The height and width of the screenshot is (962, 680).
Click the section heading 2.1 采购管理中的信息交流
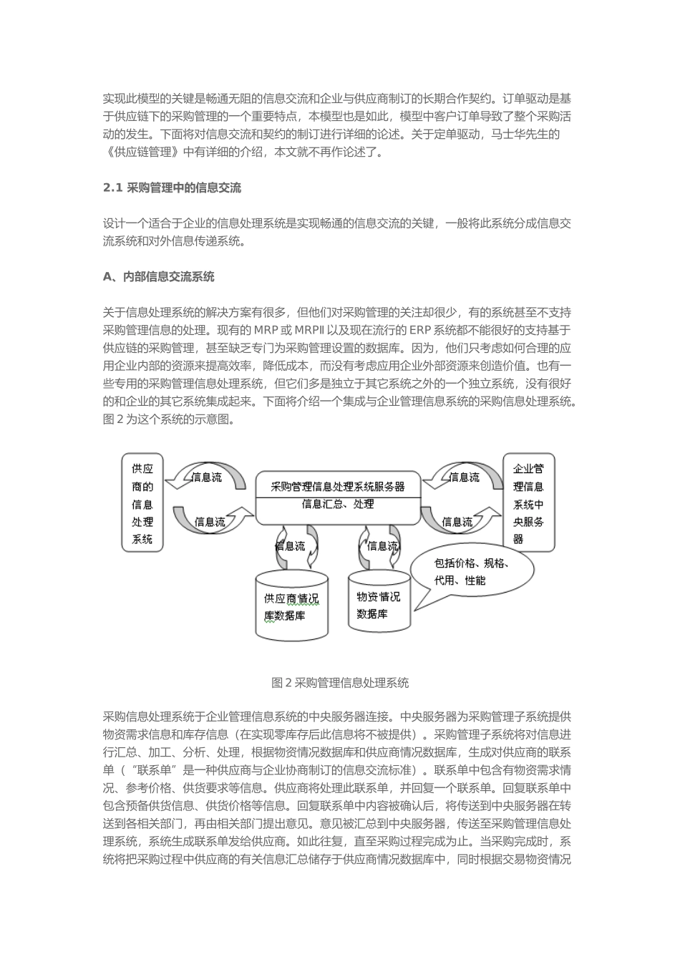click(172, 188)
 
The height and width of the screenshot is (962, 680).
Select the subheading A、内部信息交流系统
click(158, 276)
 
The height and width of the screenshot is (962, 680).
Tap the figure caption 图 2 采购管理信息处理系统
click(340, 683)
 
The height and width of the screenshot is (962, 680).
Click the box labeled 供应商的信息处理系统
click(142, 504)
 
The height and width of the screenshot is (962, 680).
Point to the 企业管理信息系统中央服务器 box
click(528, 504)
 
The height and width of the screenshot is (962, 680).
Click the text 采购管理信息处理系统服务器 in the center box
click(338, 487)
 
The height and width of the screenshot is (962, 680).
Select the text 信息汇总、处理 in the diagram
click(338, 505)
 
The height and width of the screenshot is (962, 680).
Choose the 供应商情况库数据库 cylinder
click(291, 606)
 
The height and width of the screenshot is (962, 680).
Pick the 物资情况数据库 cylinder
click(379, 605)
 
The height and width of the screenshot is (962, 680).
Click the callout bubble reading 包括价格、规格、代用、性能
click(472, 571)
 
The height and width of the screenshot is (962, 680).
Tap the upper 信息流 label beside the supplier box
click(207, 477)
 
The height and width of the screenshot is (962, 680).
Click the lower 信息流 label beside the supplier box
click(210, 522)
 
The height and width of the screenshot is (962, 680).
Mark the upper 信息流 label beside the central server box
click(464, 477)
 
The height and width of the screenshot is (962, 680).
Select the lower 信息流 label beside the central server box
click(457, 522)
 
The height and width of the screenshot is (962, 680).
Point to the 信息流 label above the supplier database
click(290, 546)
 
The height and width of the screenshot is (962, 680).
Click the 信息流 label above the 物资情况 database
click(382, 546)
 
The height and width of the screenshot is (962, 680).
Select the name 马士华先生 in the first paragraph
click(525, 134)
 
